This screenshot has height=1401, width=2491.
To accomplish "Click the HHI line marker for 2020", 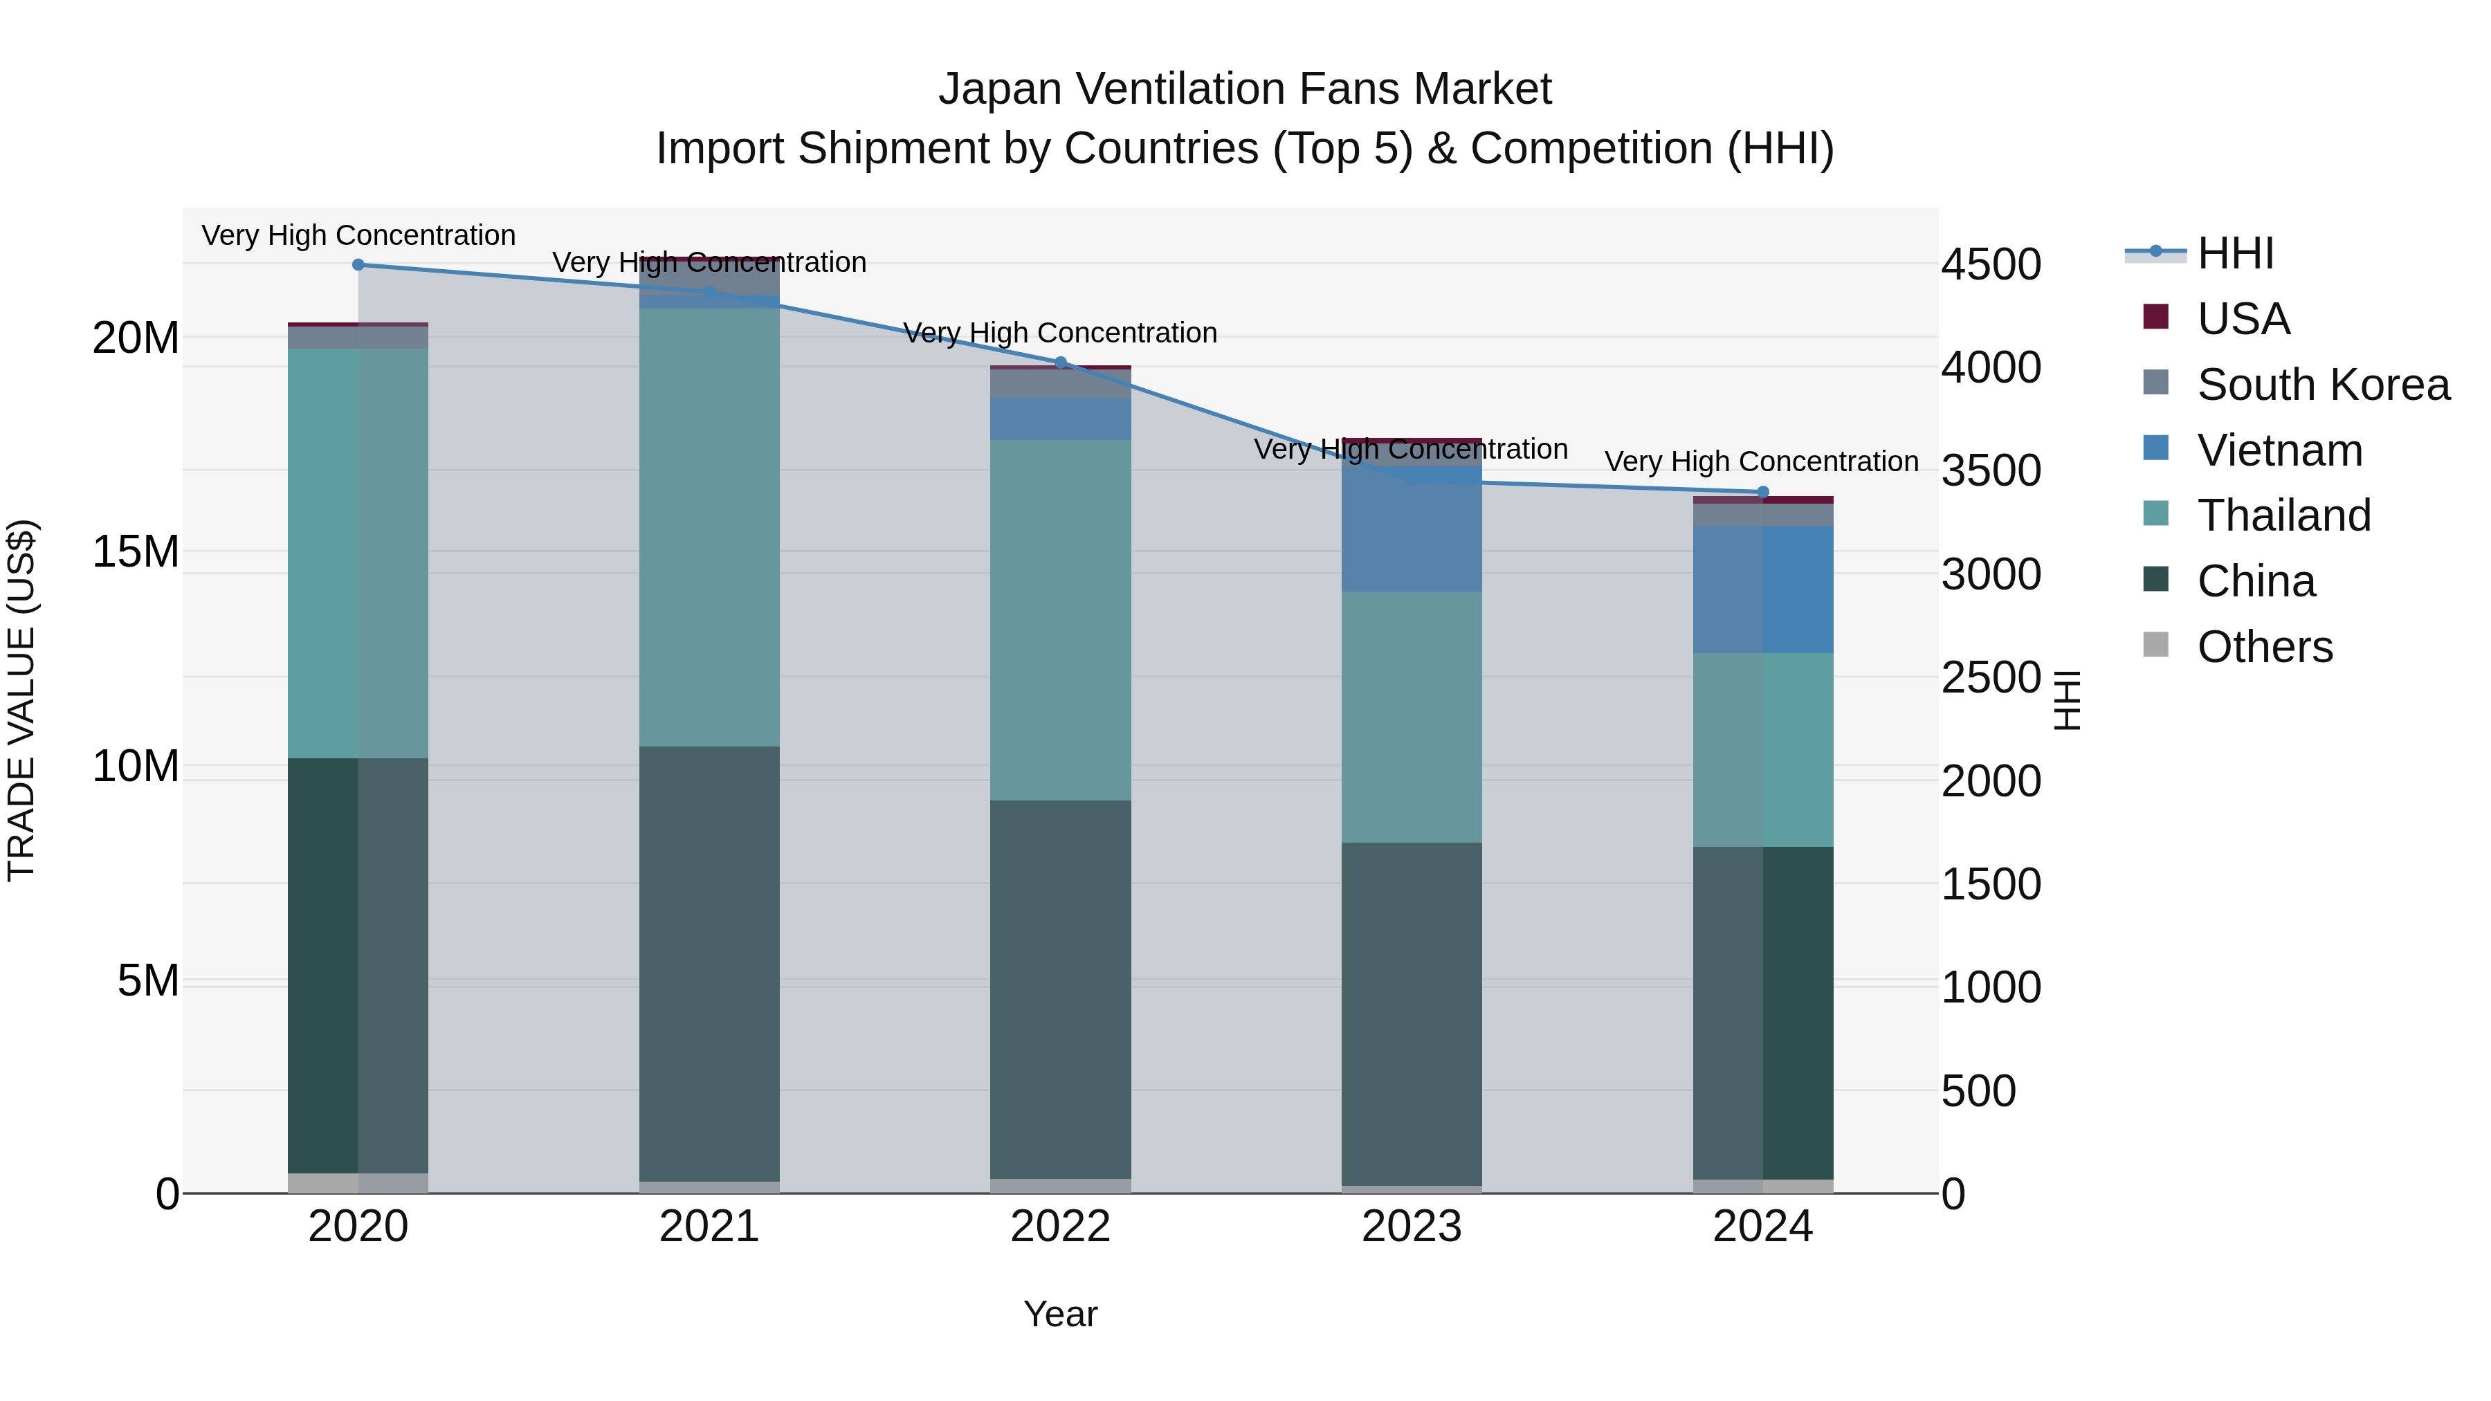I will coord(358,265).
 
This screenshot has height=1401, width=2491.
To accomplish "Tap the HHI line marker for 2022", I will coord(1061,363).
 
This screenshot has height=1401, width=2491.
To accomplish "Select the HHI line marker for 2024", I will coord(1763,492).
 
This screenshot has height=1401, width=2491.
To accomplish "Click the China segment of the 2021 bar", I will coord(710,963).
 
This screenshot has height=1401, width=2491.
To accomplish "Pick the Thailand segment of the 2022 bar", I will coord(1061,620).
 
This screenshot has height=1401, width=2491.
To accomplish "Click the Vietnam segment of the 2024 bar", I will coord(1763,589).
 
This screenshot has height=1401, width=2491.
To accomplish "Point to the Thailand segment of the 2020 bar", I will coord(358,553).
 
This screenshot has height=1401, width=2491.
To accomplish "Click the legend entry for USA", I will coord(2243,319).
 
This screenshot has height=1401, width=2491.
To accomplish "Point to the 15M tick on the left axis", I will coord(136,552).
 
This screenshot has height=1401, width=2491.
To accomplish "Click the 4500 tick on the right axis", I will coord(1991,265).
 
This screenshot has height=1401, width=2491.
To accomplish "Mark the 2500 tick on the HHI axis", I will coord(1991,678).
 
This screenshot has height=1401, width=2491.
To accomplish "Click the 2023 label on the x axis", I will coord(1412,1227).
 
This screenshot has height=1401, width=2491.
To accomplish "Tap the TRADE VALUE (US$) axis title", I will coord(21,700).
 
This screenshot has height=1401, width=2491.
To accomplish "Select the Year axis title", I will coord(1061,1314).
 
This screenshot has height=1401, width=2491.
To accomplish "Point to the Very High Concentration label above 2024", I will coord(1762,462).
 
